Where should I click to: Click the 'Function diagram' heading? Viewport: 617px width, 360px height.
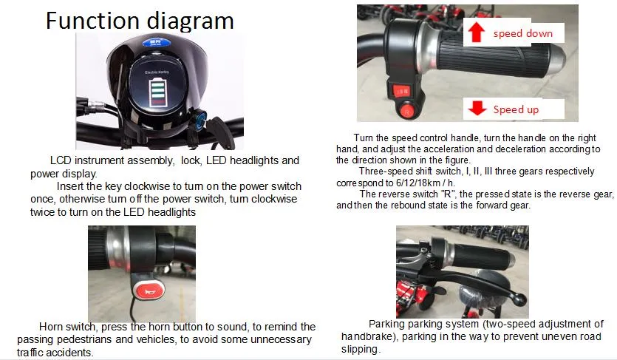(x=140, y=20)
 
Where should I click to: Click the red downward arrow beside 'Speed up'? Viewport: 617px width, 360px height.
(x=477, y=109)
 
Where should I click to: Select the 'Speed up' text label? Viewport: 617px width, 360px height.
(x=516, y=109)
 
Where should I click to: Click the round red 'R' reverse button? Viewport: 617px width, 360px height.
(x=405, y=112)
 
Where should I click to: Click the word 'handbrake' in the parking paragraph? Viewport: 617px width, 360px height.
(x=366, y=336)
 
